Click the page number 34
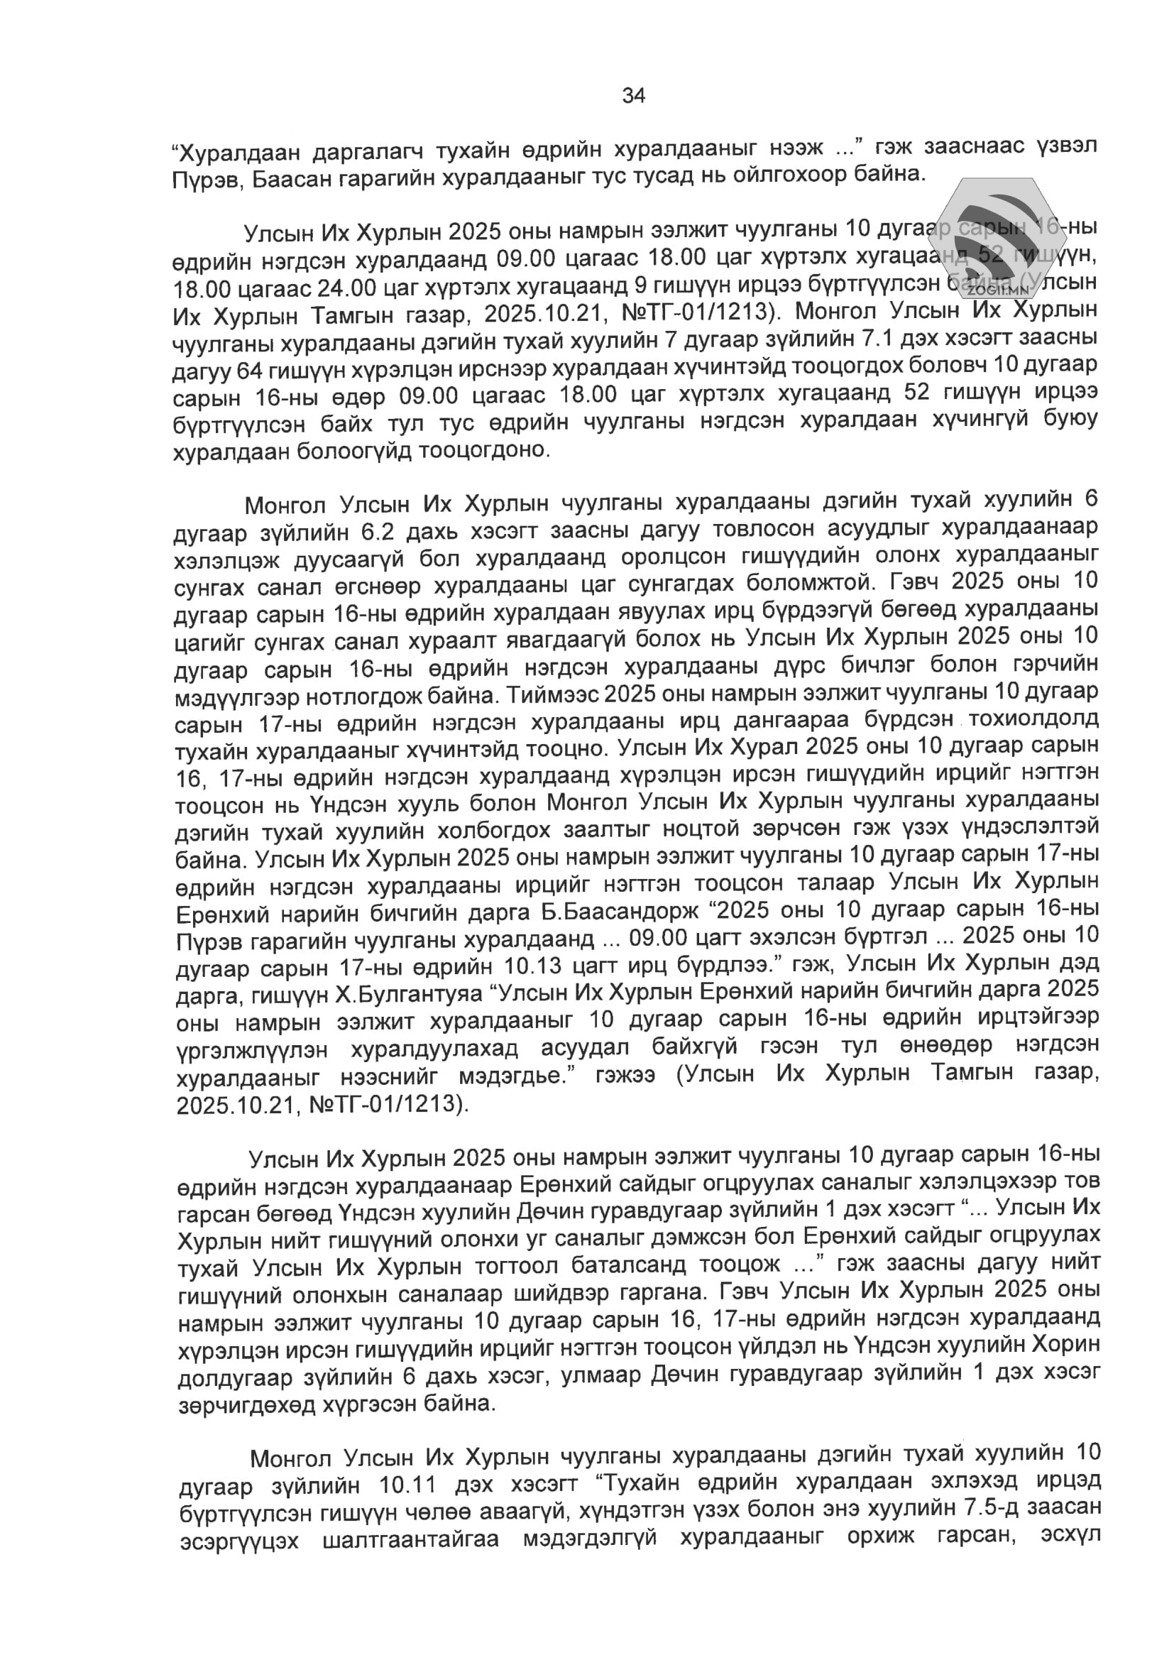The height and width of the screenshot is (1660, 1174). [x=633, y=96]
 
